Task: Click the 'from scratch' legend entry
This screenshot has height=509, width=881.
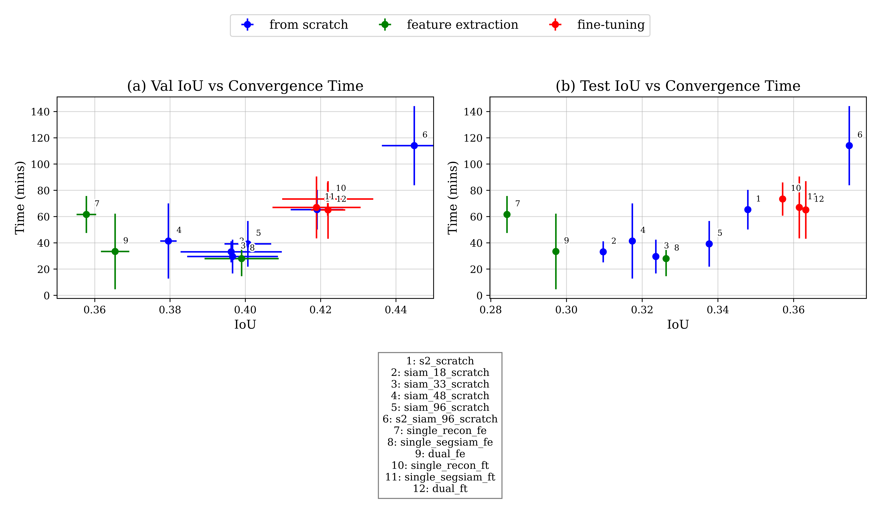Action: point(308,25)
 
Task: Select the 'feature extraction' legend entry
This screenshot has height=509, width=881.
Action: point(462,25)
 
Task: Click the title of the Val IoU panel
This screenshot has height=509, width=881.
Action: point(245,86)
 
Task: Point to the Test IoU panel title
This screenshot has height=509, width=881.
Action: point(678,86)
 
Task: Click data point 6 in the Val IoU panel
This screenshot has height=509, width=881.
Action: point(414,145)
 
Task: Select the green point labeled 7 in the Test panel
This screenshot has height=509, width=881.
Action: point(507,214)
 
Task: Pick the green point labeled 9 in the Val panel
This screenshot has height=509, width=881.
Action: point(115,251)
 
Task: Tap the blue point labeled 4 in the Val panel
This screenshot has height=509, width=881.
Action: point(168,241)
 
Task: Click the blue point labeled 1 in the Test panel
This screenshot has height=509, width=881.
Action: point(748,209)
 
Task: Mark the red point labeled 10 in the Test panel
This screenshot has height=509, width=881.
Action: point(782,199)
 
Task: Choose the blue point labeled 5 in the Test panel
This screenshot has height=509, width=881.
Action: point(709,244)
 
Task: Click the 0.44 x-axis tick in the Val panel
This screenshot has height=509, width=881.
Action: point(396,310)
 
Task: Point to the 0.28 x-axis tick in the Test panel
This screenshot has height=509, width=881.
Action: point(491,310)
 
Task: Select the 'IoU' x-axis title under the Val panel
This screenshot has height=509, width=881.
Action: point(245,325)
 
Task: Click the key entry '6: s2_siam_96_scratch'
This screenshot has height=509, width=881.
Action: point(440,419)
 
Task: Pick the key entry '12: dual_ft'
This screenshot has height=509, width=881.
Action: point(440,488)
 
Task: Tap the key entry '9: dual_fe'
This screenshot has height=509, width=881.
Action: point(440,454)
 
